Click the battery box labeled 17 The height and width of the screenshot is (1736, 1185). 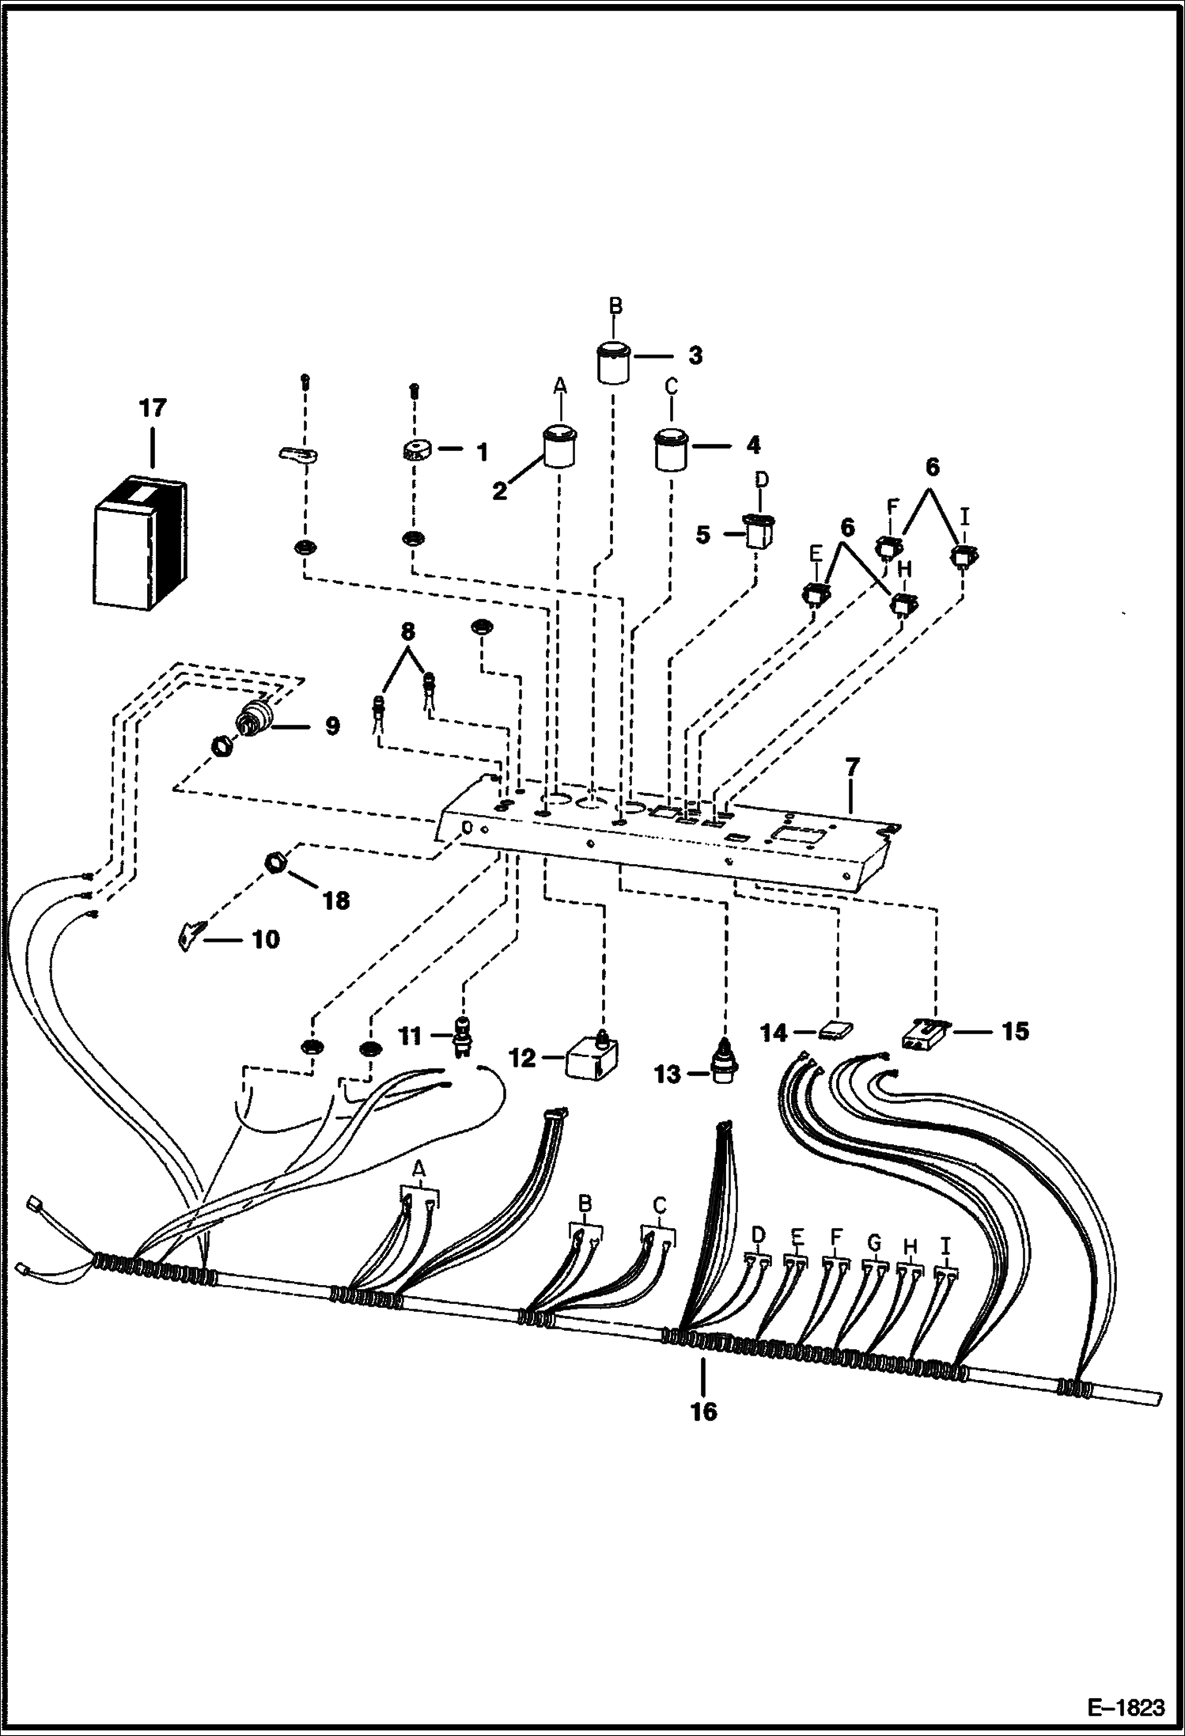pos(140,544)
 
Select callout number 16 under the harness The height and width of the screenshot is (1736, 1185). pos(703,1411)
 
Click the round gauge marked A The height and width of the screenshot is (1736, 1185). pos(559,448)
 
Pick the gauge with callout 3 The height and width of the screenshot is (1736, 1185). pos(613,362)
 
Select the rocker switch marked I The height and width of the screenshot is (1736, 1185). pos(962,556)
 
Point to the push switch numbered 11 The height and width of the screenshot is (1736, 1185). pos(460,1036)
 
